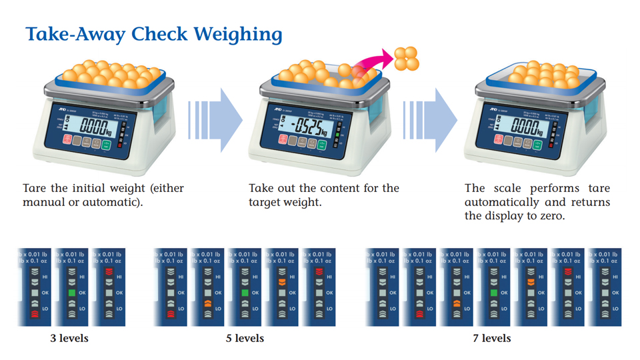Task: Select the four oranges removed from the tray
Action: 405,58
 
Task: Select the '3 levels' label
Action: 69,339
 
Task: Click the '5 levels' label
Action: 245,339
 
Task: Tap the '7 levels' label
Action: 491,339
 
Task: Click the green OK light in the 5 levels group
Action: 245,293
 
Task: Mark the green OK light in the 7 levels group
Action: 493,293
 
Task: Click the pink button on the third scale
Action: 497,140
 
